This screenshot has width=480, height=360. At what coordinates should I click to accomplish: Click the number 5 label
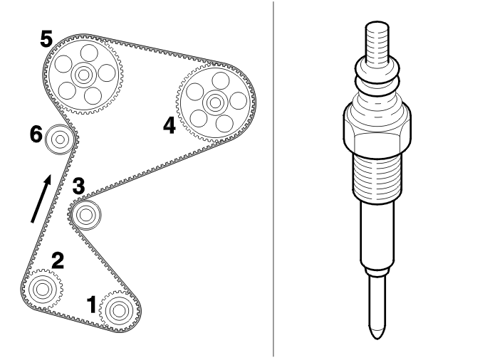point(46,39)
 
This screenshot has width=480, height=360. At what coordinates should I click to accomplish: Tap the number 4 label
point(169,126)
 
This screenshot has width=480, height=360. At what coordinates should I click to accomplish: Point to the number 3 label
point(78,186)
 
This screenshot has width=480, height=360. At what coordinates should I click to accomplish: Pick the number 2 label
point(58,261)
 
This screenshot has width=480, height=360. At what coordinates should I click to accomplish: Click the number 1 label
point(92,305)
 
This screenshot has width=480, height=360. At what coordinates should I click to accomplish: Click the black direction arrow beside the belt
point(41,198)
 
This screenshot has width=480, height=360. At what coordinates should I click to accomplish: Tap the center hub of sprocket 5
point(83,75)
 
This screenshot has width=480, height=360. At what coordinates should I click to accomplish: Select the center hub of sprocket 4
point(215,102)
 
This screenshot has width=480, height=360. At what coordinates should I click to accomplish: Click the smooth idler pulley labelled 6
point(60,139)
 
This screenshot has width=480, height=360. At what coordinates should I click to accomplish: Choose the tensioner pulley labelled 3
point(85,215)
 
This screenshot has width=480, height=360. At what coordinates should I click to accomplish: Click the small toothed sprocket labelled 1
point(119,311)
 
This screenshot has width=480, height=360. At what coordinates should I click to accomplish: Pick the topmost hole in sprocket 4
point(221,80)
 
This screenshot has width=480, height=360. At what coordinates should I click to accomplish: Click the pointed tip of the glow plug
point(377,337)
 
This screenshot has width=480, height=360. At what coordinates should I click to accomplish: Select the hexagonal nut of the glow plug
point(377,132)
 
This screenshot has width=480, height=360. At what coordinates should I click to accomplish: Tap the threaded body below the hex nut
point(377,179)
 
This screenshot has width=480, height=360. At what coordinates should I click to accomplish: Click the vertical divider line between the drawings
point(273,179)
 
